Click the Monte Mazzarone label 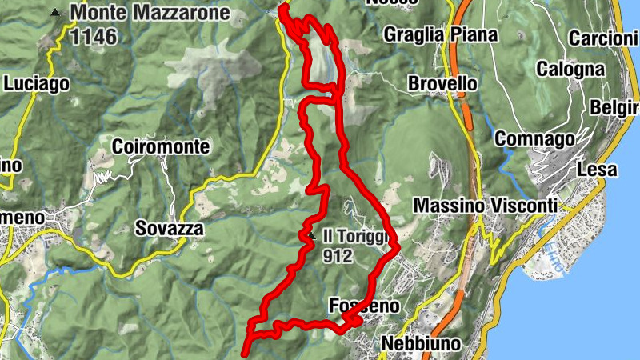click(x=150, y=14)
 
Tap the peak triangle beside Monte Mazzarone click(x=54, y=13)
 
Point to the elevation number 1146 click(x=94, y=36)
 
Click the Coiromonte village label click(x=161, y=147)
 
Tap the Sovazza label click(x=170, y=229)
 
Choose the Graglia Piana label click(x=440, y=34)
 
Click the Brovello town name click(x=442, y=83)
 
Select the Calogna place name click(x=570, y=70)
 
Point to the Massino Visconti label click(x=485, y=206)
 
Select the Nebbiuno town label click(x=422, y=343)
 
